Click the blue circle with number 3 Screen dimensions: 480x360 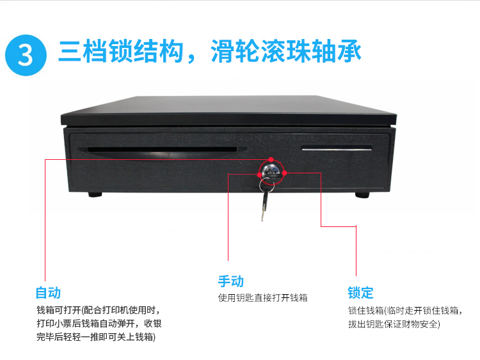(x=26, y=55)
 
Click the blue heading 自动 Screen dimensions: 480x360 (x=48, y=293)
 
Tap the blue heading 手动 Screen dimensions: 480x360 (x=231, y=281)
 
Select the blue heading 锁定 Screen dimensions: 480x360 (x=360, y=293)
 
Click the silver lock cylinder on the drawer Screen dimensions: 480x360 (x=271, y=170)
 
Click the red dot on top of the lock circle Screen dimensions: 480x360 (x=271, y=159)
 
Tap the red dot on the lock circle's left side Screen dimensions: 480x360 (x=260, y=175)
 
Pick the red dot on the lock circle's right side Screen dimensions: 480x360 (x=284, y=173)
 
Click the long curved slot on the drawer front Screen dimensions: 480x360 (x=163, y=151)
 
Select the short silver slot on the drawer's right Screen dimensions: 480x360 (x=337, y=148)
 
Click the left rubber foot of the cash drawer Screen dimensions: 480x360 (x=95, y=194)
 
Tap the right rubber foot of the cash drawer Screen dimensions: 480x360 (x=362, y=194)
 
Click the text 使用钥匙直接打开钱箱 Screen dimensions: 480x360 (x=262, y=297)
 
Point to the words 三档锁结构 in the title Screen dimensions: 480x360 (x=120, y=51)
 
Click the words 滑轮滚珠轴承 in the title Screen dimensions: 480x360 (x=286, y=51)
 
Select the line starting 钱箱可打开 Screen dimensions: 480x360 (x=99, y=310)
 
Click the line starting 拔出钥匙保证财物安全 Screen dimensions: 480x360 (x=394, y=324)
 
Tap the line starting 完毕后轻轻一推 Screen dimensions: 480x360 (x=96, y=337)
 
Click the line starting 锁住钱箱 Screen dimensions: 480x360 (x=404, y=311)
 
